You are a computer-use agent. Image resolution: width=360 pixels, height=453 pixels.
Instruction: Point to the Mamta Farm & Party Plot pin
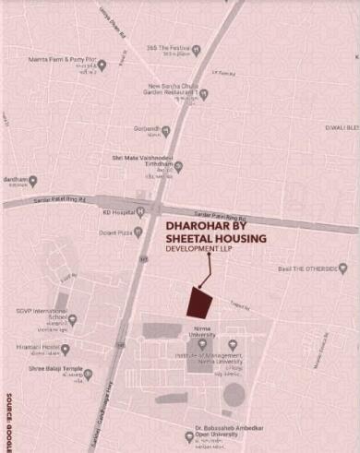pyautogui.click(x=102, y=65)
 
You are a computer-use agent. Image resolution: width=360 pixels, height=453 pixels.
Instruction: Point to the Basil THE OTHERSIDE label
pyautogui.click(x=309, y=269)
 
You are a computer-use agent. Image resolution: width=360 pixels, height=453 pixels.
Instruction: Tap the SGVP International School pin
pyautogui.click(x=72, y=319)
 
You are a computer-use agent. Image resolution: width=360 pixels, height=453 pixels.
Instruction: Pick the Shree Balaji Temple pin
pyautogui.click(x=89, y=374)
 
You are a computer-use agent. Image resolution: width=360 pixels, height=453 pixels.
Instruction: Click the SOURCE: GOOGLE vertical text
pyautogui.click(x=8, y=398)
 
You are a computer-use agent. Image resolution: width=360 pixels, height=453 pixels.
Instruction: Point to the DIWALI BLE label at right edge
pyautogui.click(x=342, y=128)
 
